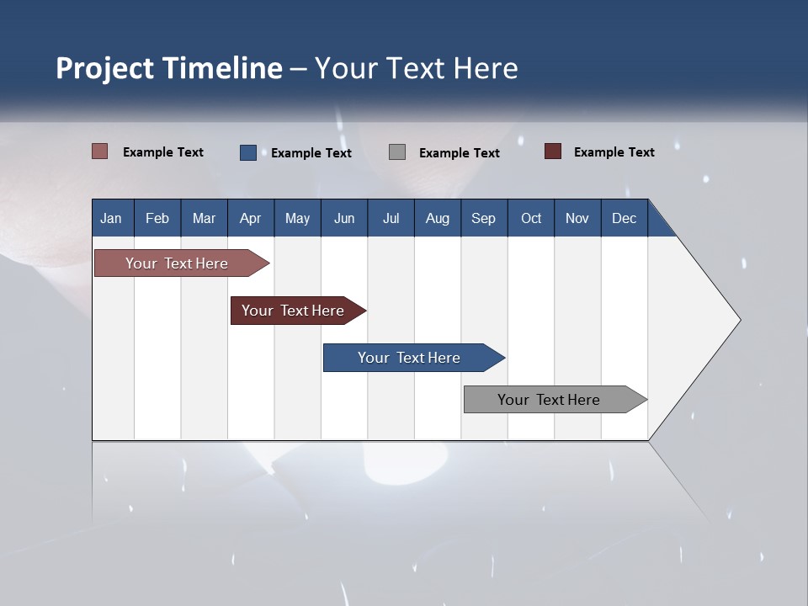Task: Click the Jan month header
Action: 111,218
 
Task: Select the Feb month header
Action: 157,218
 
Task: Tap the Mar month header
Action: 204,218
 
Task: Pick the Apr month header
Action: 250,218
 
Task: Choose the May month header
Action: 297,218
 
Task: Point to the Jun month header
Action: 344,218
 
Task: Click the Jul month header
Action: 391,218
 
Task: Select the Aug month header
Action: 437,218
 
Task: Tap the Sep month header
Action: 483,218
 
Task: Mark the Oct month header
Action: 531,218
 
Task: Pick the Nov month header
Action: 577,218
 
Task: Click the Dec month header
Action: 624,218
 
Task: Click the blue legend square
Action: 247,152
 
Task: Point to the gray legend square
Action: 397,152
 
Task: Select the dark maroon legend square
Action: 552,151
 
